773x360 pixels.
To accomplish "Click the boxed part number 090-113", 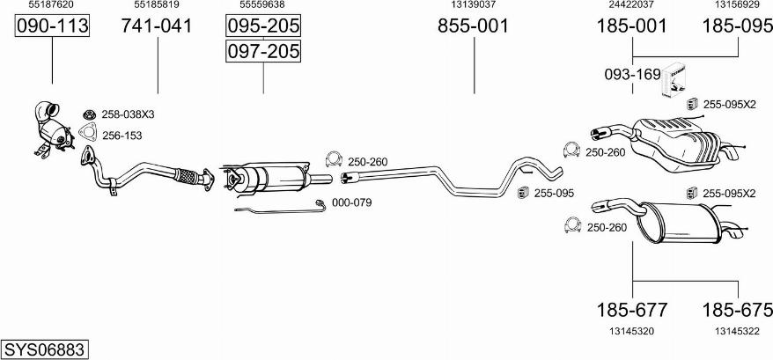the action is (52, 26).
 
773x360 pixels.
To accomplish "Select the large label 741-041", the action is (158, 26).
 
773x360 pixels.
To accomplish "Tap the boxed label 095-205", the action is (263, 26).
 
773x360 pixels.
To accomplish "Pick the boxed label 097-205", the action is (263, 51).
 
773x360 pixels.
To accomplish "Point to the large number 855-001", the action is (474, 26).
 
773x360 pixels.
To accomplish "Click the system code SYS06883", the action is (44, 349).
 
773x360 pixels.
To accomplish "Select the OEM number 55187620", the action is (51, 4).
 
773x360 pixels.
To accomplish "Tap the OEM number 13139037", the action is (474, 4).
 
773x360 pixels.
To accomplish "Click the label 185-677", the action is (632, 310).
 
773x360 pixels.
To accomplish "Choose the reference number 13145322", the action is (738, 332).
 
